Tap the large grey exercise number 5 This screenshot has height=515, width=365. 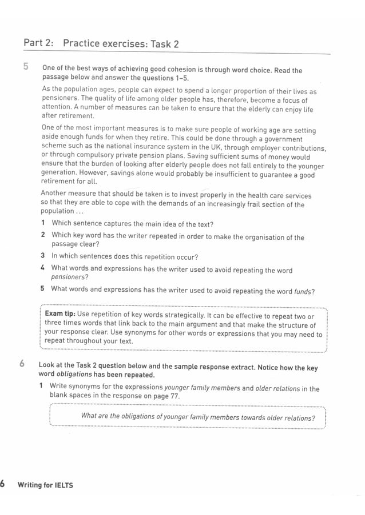[26, 67]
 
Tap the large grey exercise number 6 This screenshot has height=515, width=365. [22, 363]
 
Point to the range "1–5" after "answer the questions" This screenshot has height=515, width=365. [180, 78]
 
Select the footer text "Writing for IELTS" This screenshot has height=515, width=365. [45, 485]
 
